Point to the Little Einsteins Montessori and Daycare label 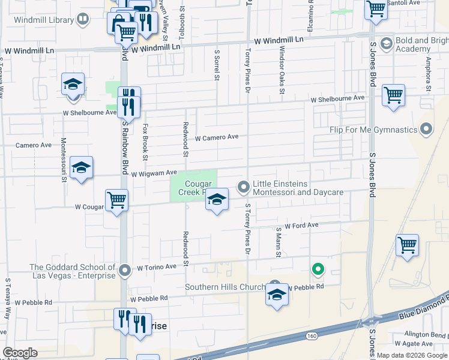coord(298,188)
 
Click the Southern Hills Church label coord(225,287)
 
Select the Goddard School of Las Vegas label coord(72,271)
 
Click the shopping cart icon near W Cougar coord(116,200)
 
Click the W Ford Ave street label coord(301,226)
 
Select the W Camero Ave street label coord(217,137)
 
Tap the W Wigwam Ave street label coord(154,173)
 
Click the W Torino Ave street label coord(157,266)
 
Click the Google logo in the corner coord(20,353)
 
